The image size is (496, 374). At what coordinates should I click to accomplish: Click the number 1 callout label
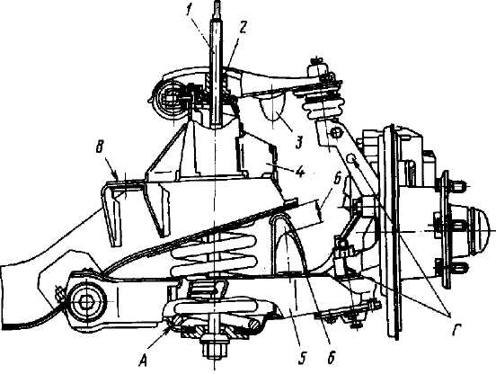[x=189, y=12]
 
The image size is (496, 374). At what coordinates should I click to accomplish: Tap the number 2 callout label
[x=242, y=30]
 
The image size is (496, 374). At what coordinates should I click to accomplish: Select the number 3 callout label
[x=299, y=142]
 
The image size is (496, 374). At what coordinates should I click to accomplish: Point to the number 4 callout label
[x=299, y=172]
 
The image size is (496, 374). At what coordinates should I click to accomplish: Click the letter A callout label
[x=145, y=360]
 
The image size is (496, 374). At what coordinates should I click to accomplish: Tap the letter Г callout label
[x=456, y=331]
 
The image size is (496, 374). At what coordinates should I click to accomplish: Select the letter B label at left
[x=100, y=148]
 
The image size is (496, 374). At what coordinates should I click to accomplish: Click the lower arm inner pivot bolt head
[x=85, y=302]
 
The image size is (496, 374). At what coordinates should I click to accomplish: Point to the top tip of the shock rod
[x=217, y=2]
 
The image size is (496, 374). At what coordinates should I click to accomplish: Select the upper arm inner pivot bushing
[x=171, y=98]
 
